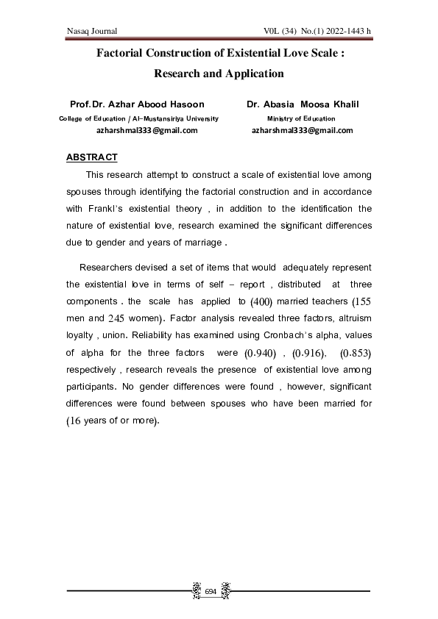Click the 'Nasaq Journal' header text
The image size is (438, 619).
(92, 30)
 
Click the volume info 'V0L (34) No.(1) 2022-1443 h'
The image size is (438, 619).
(317, 30)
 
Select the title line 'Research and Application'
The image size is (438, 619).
(219, 74)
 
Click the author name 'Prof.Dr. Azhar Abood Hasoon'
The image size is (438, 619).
(137, 105)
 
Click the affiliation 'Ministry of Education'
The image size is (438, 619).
(301, 118)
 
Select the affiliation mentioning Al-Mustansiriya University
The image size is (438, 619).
(138, 118)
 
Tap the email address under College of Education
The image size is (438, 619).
(147, 130)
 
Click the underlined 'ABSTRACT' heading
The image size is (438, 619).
(91, 157)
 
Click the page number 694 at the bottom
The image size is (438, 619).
(211, 592)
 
